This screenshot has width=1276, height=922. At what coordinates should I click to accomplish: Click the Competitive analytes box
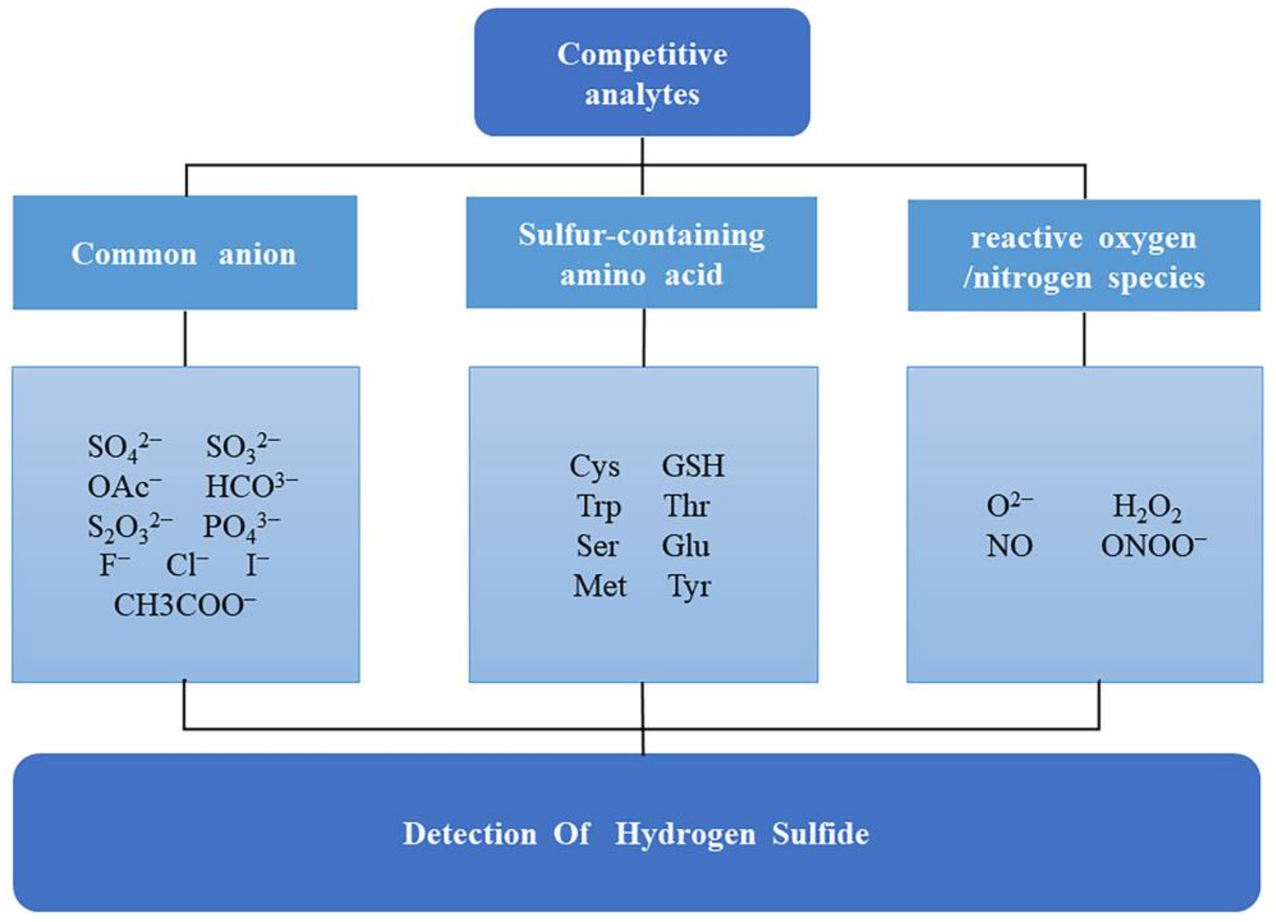pos(642,72)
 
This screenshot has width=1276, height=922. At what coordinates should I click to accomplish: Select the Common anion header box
pos(184,253)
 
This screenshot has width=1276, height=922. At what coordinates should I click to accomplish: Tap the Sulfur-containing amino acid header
pos(641,253)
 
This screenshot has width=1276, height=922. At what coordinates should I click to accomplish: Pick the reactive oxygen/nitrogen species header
pos(1083,256)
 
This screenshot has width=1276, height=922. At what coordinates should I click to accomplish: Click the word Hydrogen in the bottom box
pos(685,834)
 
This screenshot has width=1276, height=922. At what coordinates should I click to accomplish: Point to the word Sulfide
pos(820,834)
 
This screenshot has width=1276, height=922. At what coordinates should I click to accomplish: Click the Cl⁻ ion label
pos(187,565)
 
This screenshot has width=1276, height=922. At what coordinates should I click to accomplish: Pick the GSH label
pos(693,466)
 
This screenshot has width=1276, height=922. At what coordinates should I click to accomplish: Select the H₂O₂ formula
pos(1147,507)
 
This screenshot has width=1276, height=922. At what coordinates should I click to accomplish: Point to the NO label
pos(1009,546)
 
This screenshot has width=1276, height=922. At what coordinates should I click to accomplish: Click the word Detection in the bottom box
pos(470,834)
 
